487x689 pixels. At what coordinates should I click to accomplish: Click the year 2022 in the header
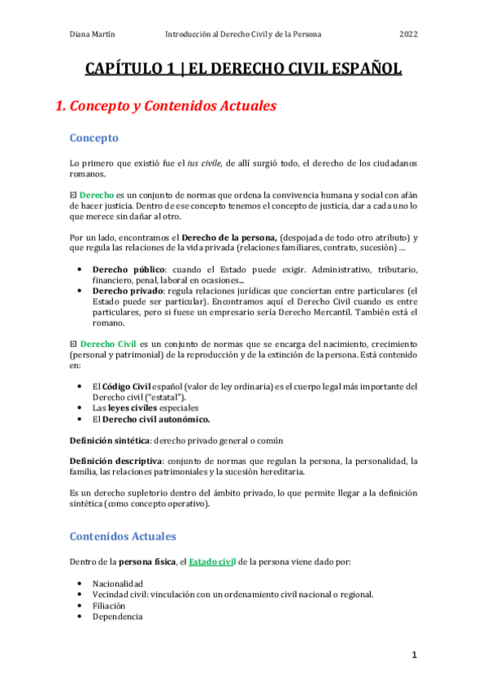408,35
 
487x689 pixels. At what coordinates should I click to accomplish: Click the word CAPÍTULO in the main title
124,69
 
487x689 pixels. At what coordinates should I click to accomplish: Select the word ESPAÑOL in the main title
365,69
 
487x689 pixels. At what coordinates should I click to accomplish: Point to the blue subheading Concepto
94,138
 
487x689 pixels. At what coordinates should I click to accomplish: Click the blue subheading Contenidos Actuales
123,536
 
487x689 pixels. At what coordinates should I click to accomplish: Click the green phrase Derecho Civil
109,344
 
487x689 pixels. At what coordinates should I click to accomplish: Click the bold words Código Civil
126,386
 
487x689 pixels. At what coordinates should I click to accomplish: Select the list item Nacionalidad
118,583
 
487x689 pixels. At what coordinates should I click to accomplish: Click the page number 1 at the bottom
414,654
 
